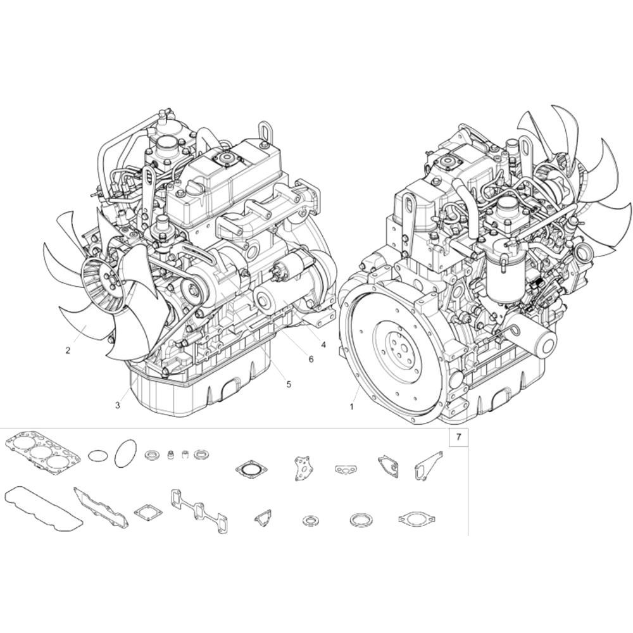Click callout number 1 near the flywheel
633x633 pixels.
(x=351, y=407)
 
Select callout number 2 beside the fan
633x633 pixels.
(x=68, y=351)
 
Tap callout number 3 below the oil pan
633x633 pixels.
(x=118, y=405)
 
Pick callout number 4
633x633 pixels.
(x=323, y=344)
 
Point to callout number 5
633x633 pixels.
(x=289, y=384)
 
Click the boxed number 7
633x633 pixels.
(x=458, y=437)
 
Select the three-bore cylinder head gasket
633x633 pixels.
(x=42, y=451)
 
